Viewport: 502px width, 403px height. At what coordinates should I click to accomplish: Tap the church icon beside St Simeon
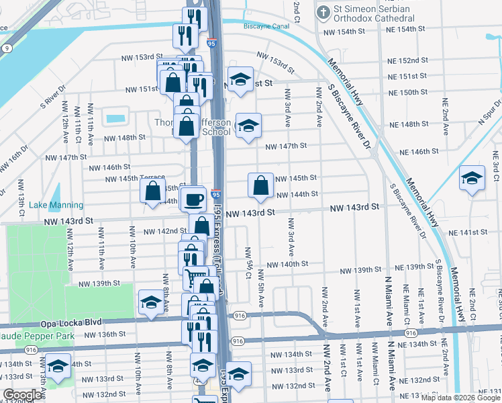[323, 11]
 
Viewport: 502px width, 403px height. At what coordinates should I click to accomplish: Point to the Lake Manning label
[56, 205]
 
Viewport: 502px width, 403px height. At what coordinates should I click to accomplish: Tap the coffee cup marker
[194, 199]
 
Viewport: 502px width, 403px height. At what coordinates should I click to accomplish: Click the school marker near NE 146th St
[472, 178]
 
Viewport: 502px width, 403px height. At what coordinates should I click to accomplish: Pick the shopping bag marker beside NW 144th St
[260, 185]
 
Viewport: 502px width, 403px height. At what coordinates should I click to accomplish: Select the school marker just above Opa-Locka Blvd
[150, 303]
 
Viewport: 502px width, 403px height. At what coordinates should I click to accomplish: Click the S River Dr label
[53, 95]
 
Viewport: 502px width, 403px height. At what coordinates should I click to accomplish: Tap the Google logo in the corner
[22, 395]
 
